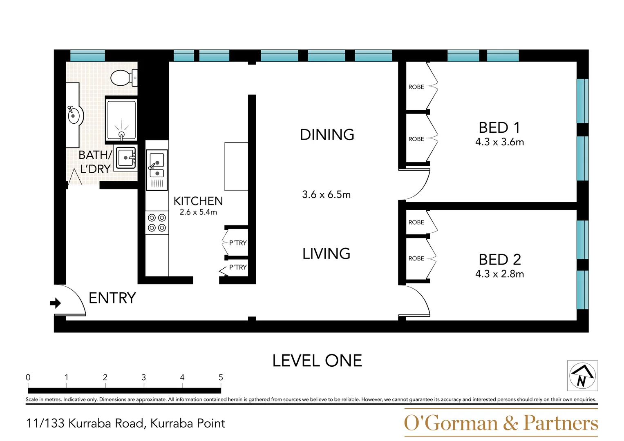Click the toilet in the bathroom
(x=123, y=78)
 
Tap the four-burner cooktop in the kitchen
(x=157, y=223)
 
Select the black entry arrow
(x=55, y=303)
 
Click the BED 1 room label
(x=499, y=128)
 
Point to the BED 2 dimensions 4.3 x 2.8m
(x=499, y=274)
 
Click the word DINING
(x=327, y=135)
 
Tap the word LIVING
(x=326, y=254)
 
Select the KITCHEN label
(x=198, y=201)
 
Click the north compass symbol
(x=582, y=376)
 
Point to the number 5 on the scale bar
(x=221, y=377)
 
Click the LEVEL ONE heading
(x=317, y=361)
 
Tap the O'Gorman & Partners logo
(x=501, y=423)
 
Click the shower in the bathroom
(x=121, y=120)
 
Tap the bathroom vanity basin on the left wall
(x=74, y=116)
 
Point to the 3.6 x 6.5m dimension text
(x=326, y=195)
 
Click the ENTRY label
(x=112, y=298)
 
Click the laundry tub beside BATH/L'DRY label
(x=126, y=158)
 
